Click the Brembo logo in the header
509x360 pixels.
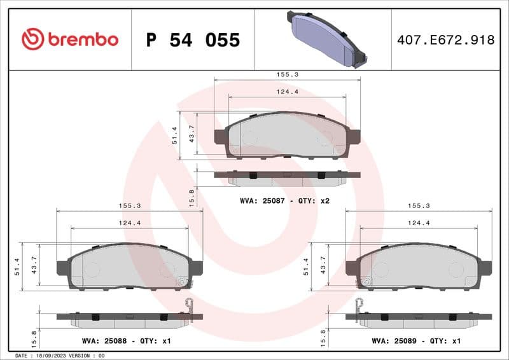point(70,39)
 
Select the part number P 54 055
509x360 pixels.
point(193,40)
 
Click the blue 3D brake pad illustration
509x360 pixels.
point(324,39)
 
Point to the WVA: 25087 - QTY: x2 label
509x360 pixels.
point(284,200)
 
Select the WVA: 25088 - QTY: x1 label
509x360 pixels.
point(127,341)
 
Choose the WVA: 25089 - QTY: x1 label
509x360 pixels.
point(415,341)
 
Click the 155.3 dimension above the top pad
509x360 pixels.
point(287,74)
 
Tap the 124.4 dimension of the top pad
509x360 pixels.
point(287,92)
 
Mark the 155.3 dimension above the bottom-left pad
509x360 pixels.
point(130,205)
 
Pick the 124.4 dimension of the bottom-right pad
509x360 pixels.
point(419,223)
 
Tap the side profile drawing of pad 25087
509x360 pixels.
point(287,176)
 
